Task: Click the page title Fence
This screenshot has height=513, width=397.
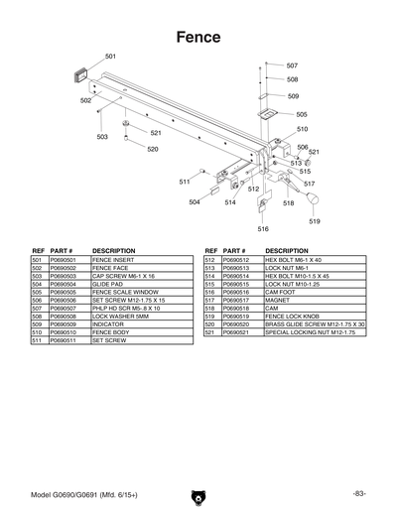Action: click(198, 37)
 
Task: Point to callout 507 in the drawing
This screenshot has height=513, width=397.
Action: click(292, 65)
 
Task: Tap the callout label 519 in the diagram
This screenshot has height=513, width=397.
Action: click(314, 221)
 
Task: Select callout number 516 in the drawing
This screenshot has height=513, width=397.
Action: click(263, 228)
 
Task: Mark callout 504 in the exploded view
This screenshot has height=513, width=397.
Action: click(195, 202)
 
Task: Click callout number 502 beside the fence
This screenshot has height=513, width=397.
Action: click(86, 100)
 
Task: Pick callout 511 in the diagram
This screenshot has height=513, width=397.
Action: click(185, 182)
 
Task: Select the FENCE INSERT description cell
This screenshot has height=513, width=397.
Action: click(112, 259)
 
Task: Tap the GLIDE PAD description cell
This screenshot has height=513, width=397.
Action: click(108, 284)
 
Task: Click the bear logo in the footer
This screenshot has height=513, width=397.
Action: click(198, 493)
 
